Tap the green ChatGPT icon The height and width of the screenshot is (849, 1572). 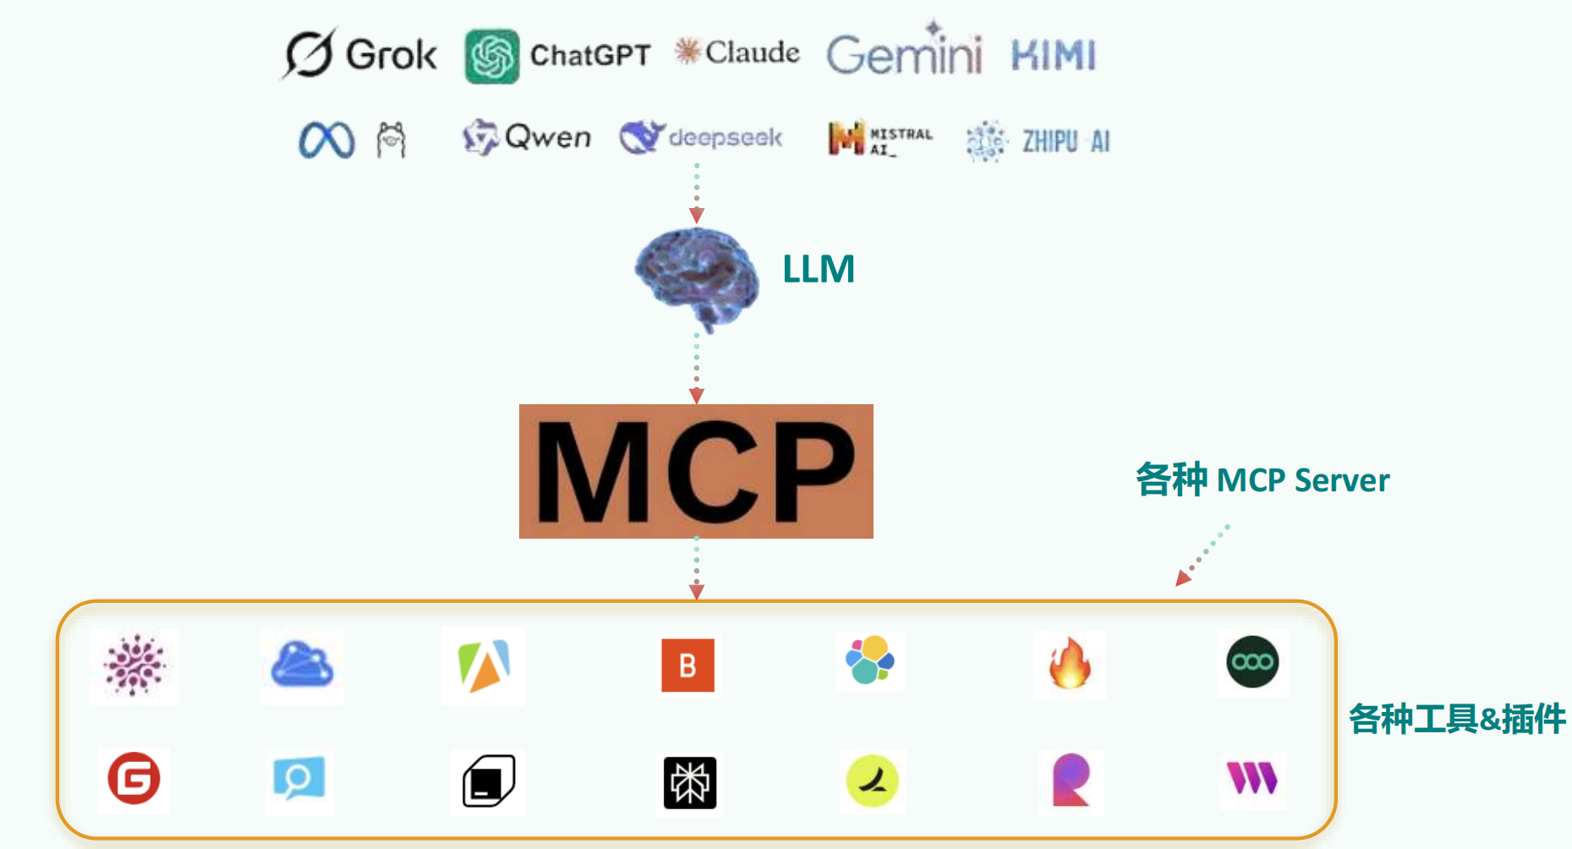coord(492,57)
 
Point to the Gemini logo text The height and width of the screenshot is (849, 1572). coord(904,54)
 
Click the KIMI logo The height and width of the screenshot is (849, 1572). coord(1054,56)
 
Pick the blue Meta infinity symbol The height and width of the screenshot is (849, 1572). coord(326,140)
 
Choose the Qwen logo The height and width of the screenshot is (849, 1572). coord(527,137)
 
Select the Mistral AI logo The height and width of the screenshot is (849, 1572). coord(879,139)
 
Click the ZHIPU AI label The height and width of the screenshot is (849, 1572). coord(1065,141)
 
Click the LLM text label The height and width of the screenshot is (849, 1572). coord(819,270)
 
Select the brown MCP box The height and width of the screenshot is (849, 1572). coord(696,471)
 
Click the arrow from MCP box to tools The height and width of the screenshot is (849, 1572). coord(696,568)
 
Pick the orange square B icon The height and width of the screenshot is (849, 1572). coord(687,666)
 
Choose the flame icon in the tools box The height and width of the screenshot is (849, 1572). coord(1070,664)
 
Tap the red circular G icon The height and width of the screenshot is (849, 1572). coord(134,779)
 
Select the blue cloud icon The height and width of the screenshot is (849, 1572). coord(302,666)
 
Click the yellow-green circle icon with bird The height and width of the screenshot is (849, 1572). coord(872,781)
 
